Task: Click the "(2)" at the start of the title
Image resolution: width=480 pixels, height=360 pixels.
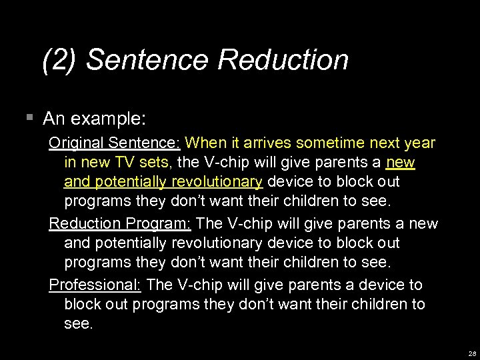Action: [61, 60]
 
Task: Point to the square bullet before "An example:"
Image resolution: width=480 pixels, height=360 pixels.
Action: [29, 118]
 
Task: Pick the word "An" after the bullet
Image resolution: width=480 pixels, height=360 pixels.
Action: [55, 119]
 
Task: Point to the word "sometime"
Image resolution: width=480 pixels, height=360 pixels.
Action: [330, 143]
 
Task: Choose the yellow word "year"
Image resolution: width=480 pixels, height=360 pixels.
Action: [420, 143]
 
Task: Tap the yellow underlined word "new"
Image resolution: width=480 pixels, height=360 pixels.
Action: [400, 162]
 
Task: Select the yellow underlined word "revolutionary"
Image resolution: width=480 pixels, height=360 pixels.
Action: [217, 181]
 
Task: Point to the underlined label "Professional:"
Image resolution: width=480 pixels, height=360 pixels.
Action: [95, 285]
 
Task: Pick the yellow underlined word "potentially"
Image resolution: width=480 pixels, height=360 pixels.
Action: [133, 181]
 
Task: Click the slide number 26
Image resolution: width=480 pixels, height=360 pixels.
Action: [471, 353]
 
